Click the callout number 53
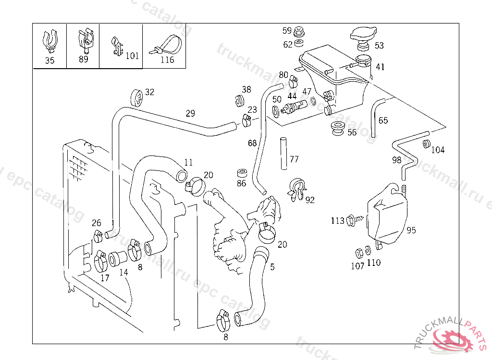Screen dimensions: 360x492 click(x=379, y=46)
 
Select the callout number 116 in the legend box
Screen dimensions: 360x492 click(x=167, y=60)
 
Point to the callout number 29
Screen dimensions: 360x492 click(x=190, y=114)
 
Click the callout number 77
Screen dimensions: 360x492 click(x=294, y=159)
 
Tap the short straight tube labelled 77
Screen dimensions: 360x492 click(x=283, y=154)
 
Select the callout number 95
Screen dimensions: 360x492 click(x=411, y=230)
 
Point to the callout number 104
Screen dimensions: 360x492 click(x=438, y=150)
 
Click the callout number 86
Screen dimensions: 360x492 click(x=241, y=183)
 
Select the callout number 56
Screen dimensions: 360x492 click(x=352, y=132)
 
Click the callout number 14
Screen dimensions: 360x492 click(x=123, y=272)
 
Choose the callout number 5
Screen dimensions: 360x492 click(x=272, y=267)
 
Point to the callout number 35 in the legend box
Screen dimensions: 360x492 click(x=50, y=60)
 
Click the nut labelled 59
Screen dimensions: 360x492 click(x=299, y=31)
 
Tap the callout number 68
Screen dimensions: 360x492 click(x=252, y=143)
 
